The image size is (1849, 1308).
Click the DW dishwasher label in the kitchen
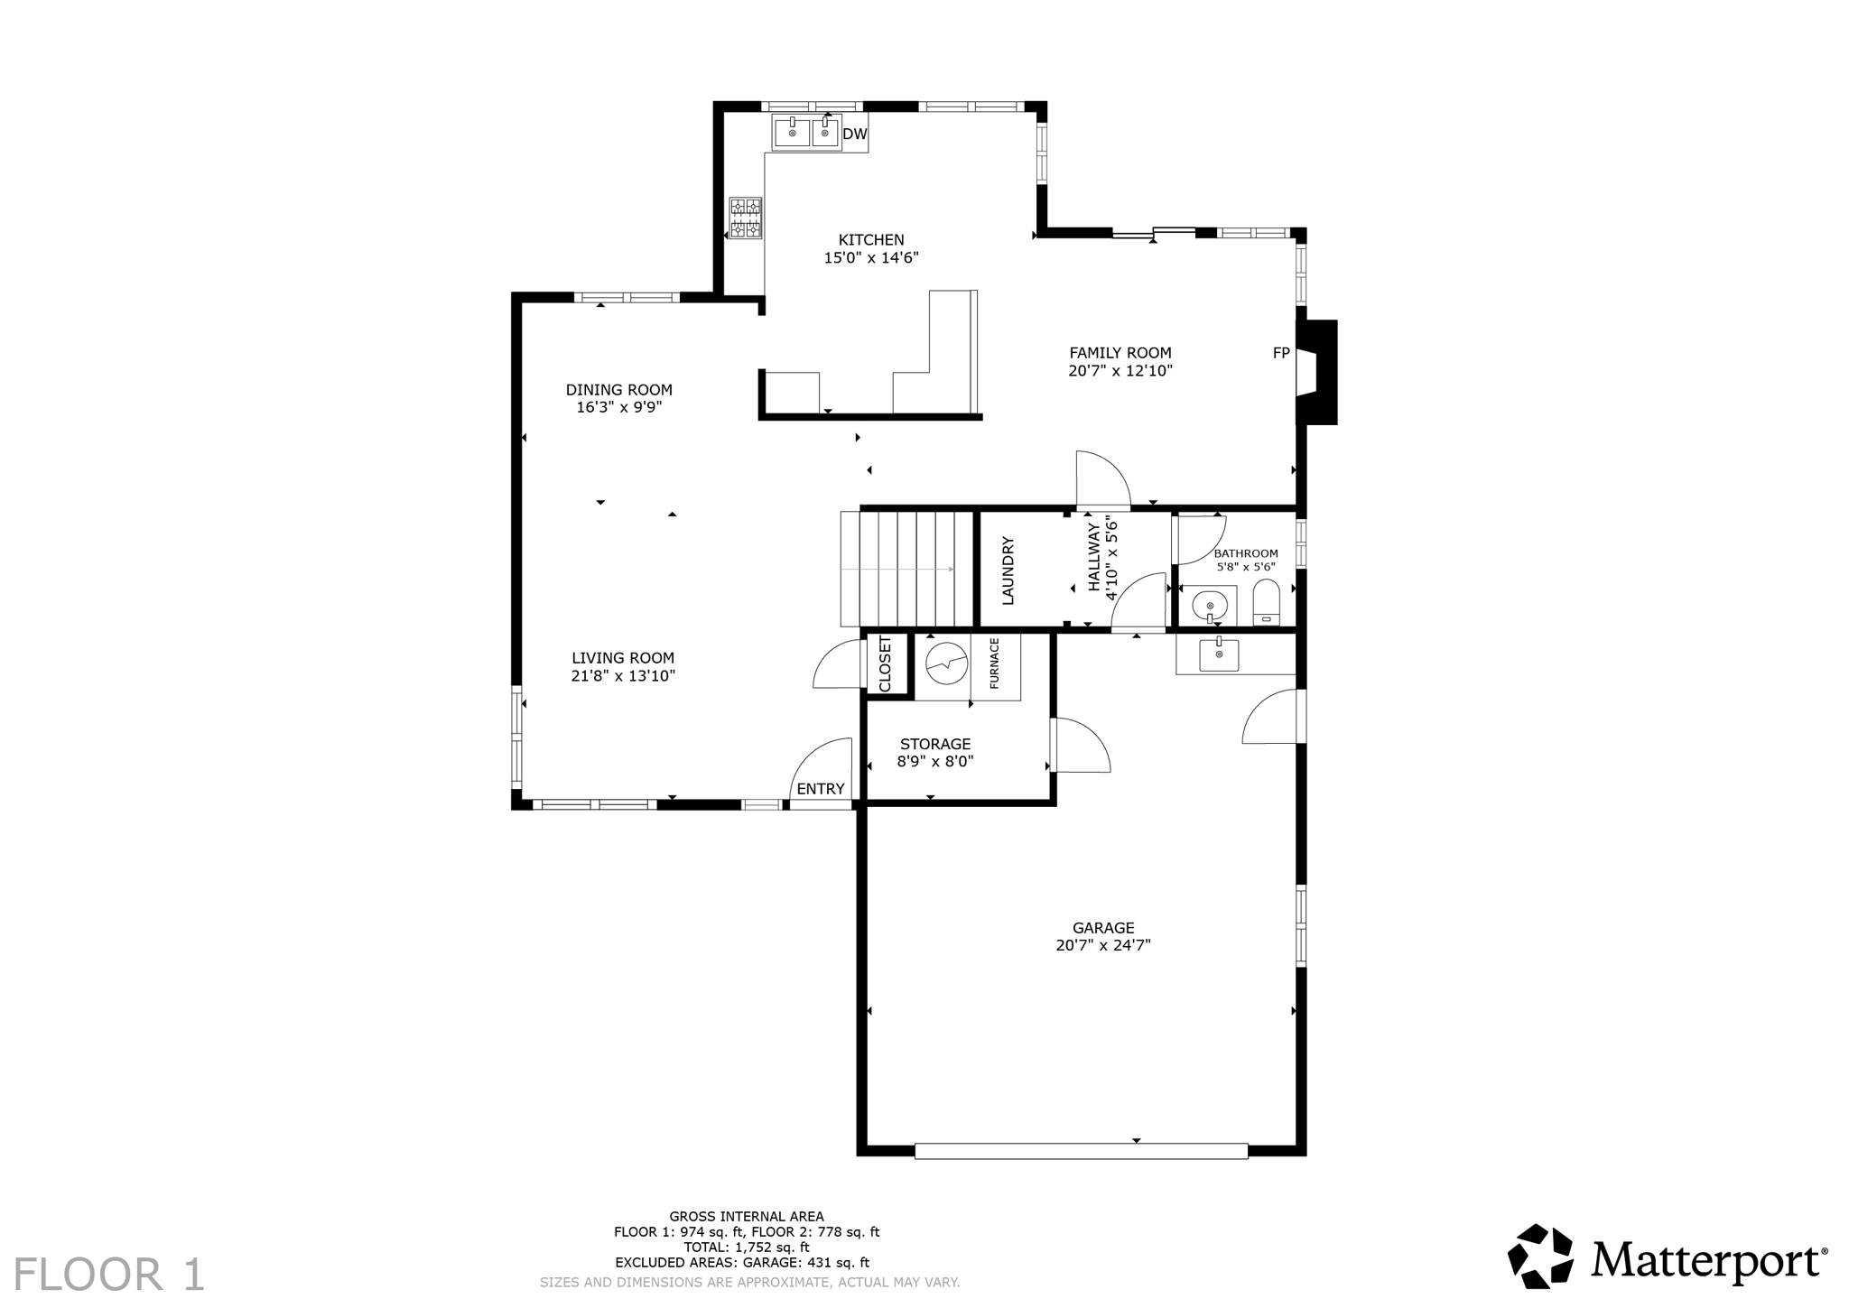tap(854, 135)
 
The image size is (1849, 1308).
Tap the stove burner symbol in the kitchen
tap(746, 218)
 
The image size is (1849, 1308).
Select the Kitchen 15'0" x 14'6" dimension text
tap(871, 258)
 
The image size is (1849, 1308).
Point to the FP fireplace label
tap(1280, 354)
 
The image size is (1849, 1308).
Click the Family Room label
tap(1120, 353)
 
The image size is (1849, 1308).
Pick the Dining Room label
tap(618, 390)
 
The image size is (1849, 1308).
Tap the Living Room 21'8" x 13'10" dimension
tap(623, 676)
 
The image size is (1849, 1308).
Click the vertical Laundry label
tap(1008, 571)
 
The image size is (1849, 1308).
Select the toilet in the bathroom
tap(1267, 602)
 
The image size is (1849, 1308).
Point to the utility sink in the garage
tap(1219, 654)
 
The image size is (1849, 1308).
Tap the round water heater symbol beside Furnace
tap(946, 663)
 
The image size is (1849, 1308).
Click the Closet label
tap(885, 664)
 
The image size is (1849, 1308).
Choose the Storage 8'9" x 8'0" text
tap(934, 762)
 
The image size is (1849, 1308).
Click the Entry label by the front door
tap(820, 789)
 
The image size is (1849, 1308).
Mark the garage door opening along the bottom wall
tap(1081, 1151)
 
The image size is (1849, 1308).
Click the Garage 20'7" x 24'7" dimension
tap(1102, 946)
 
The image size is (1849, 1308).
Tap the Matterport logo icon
tap(1540, 1257)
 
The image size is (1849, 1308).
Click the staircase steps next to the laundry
tap(906, 569)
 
